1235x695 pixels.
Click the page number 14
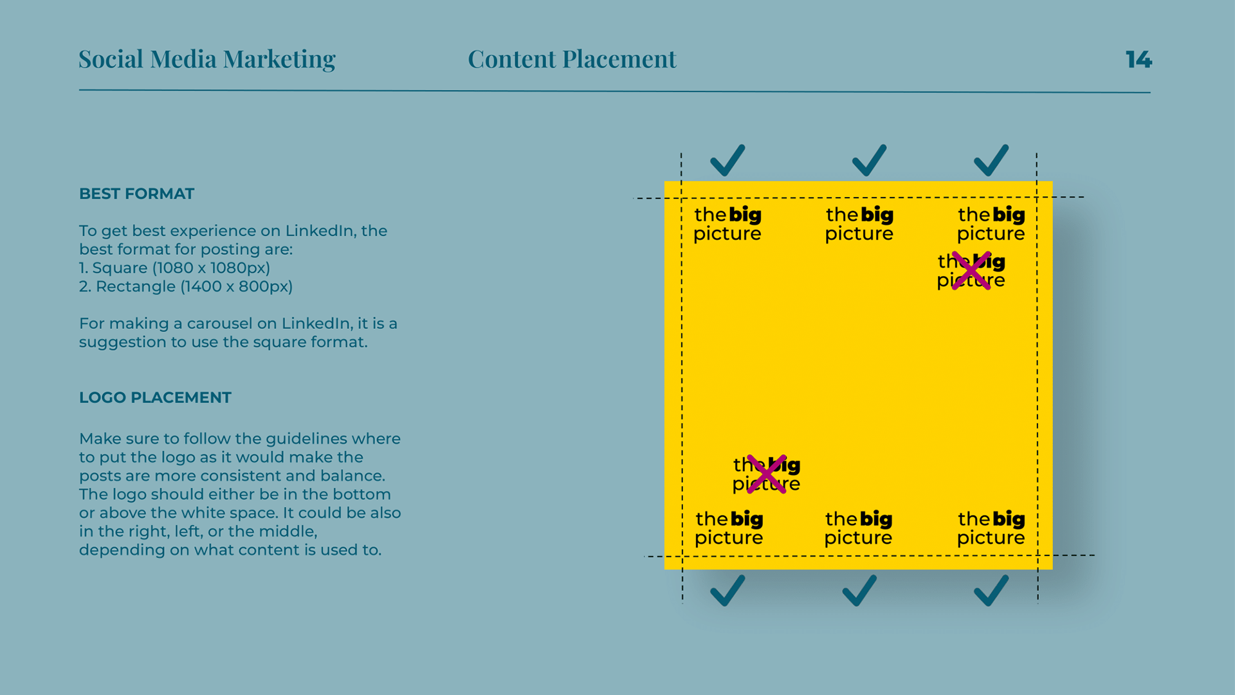pos(1138,60)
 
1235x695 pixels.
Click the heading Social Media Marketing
pos(206,59)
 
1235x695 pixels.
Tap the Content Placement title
pos(572,59)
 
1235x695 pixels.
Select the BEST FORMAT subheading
pos(136,194)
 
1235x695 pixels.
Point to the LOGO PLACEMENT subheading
pos(155,398)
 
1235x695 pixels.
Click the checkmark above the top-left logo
pos(727,160)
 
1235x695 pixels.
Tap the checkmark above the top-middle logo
pos(869,160)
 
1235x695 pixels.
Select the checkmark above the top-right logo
pos(991,160)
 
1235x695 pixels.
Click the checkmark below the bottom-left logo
pos(727,590)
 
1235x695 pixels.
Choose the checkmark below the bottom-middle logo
pos(859,590)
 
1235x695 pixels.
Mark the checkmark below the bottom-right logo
pos(991,590)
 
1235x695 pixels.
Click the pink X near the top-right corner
pos(971,271)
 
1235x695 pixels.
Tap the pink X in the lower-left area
pos(767,474)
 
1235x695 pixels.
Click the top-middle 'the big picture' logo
pos(859,224)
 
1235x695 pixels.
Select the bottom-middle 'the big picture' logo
pos(859,528)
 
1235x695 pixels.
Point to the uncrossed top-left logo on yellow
pos(727,224)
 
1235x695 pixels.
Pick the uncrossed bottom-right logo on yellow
pos(991,528)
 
